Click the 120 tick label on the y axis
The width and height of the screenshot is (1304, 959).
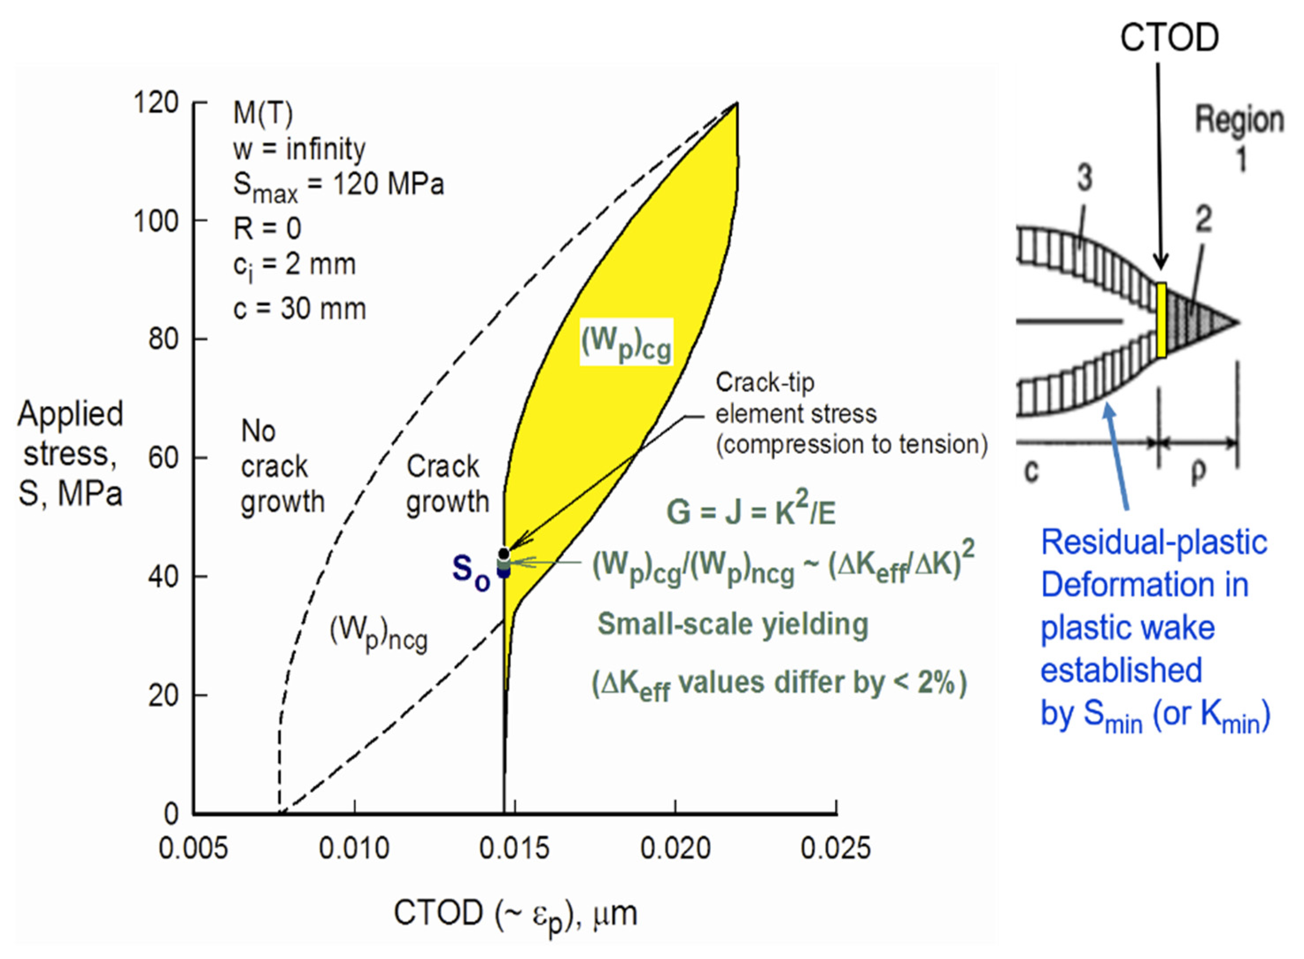point(156,104)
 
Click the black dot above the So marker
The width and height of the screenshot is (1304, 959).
point(504,553)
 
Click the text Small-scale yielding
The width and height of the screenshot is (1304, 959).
point(733,625)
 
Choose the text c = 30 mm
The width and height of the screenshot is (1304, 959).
point(300,309)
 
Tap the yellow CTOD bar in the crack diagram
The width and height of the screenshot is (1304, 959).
point(1161,320)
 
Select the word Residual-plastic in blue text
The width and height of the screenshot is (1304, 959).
point(1154,543)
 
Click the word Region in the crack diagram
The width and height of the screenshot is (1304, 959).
point(1239,121)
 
